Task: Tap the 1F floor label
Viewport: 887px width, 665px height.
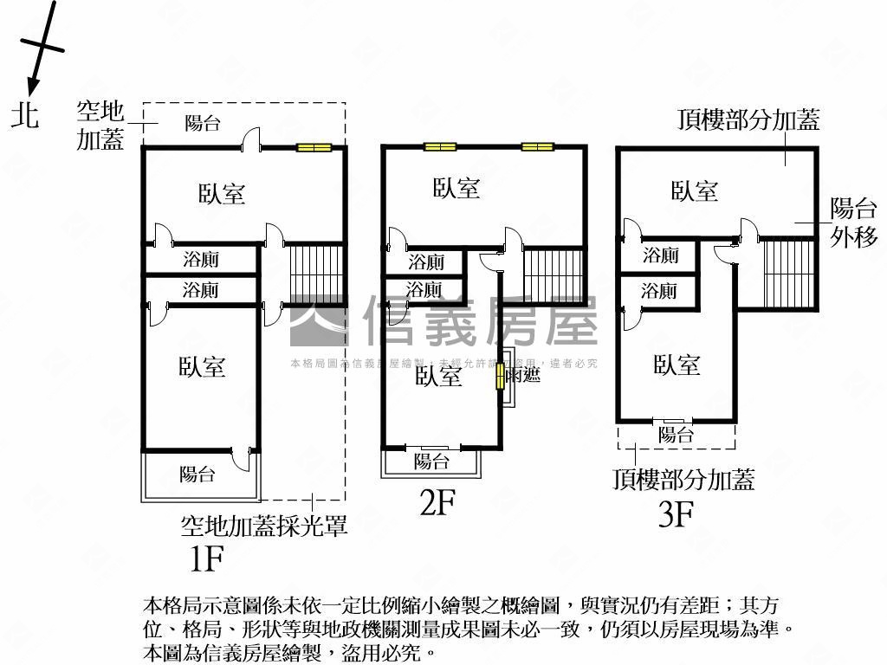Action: tap(206, 559)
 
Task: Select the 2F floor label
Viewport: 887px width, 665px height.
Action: tap(437, 502)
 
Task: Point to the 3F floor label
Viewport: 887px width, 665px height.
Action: tap(677, 514)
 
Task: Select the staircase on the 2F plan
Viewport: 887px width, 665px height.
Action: tap(554, 274)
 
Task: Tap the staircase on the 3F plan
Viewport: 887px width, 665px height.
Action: tap(789, 273)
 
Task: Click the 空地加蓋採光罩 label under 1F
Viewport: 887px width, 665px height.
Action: tap(263, 526)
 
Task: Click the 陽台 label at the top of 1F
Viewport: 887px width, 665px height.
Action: tap(203, 123)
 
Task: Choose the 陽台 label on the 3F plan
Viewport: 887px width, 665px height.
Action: tap(676, 435)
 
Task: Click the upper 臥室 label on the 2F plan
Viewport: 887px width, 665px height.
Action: tap(456, 188)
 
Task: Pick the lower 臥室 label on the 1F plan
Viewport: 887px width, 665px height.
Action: tap(202, 367)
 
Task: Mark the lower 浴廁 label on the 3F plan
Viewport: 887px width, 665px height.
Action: tap(660, 291)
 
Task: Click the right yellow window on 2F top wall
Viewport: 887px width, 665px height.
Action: tap(537, 146)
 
